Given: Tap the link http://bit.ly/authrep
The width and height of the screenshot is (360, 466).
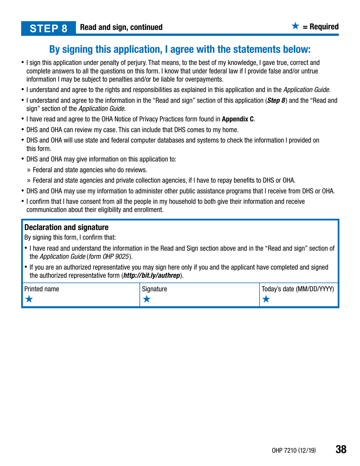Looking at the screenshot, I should pyautogui.click(x=153, y=275).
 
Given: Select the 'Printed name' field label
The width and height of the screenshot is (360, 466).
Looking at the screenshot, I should pyautogui.click(x=42, y=289).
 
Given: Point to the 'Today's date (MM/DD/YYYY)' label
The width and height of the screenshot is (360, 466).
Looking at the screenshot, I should pyautogui.click(x=298, y=289).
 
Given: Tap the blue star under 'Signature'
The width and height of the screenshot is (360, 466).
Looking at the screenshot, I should pyautogui.click(x=146, y=299).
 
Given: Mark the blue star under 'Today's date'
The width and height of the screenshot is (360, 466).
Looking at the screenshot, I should pyautogui.click(x=266, y=299).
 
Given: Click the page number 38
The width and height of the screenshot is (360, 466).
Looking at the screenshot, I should pyautogui.click(x=341, y=449).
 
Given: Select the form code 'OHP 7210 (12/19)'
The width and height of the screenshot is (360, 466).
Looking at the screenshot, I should pyautogui.click(x=294, y=450).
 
